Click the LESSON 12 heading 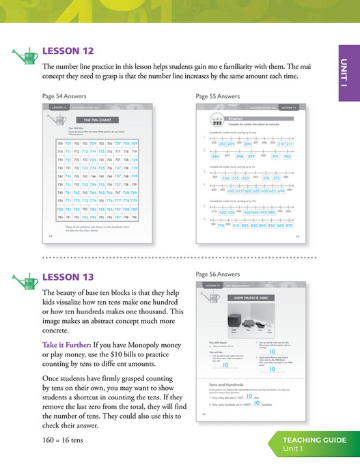coord(68,51)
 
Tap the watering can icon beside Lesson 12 coord(26,54)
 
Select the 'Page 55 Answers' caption coord(218,96)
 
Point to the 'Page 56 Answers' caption coord(218,274)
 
